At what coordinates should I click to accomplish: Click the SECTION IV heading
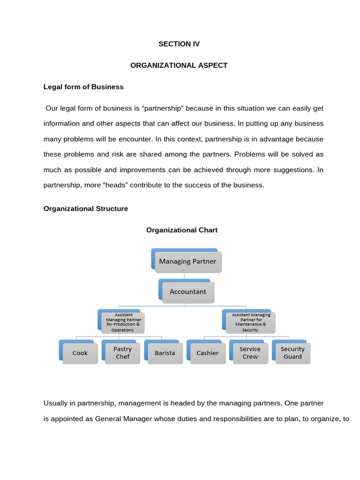click(x=179, y=44)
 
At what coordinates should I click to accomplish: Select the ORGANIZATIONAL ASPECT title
click(x=179, y=66)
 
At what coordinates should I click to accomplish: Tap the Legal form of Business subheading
click(x=83, y=87)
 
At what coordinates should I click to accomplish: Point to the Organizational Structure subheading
click(x=85, y=209)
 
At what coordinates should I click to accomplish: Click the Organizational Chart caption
click(x=182, y=230)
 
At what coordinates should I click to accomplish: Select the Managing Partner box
click(x=187, y=262)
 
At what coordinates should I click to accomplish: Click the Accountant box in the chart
click(x=187, y=292)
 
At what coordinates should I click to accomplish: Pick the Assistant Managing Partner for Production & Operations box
click(x=123, y=322)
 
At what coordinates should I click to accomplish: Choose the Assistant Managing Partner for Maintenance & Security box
click(x=250, y=322)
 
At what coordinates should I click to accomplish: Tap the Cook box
click(x=80, y=353)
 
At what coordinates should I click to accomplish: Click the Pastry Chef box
click(x=122, y=353)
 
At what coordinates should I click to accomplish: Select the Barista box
click(x=165, y=353)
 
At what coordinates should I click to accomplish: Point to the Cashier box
click(x=207, y=353)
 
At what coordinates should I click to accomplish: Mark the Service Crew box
click(x=250, y=353)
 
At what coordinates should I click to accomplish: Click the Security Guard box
click(x=292, y=353)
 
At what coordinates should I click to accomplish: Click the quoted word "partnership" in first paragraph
click(x=161, y=108)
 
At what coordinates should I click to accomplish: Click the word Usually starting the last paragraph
click(x=56, y=403)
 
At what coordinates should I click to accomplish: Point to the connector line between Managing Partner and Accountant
click(x=184, y=276)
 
